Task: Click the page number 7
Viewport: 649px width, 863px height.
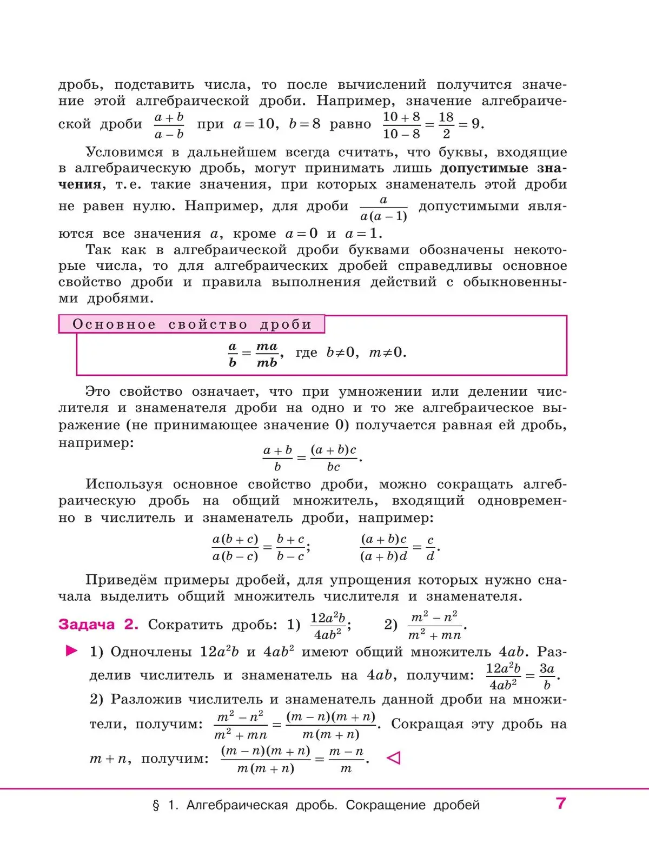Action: coord(560,804)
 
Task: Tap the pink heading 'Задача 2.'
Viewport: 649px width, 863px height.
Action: coord(98,625)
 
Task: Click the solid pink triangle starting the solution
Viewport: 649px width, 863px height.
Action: coord(71,651)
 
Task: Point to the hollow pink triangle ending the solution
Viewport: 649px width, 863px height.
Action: coord(394,758)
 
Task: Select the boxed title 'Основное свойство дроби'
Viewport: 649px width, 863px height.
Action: coord(192,324)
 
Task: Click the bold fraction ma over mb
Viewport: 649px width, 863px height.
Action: coord(267,354)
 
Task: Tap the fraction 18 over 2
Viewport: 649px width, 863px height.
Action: coord(446,125)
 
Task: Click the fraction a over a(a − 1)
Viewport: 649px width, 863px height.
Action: coord(383,208)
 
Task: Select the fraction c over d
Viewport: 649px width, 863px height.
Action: coord(431,548)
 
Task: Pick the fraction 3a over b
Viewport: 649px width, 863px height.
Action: coord(547,676)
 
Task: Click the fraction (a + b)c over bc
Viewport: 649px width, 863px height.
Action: coord(334,458)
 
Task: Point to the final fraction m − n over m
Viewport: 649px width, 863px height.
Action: coord(346,760)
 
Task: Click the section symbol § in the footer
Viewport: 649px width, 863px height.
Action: coord(156,806)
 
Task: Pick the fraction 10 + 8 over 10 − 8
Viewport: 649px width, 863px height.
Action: coord(401,125)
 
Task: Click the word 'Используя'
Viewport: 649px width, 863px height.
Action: coord(124,484)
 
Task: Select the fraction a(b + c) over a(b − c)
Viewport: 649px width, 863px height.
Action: coord(235,548)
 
